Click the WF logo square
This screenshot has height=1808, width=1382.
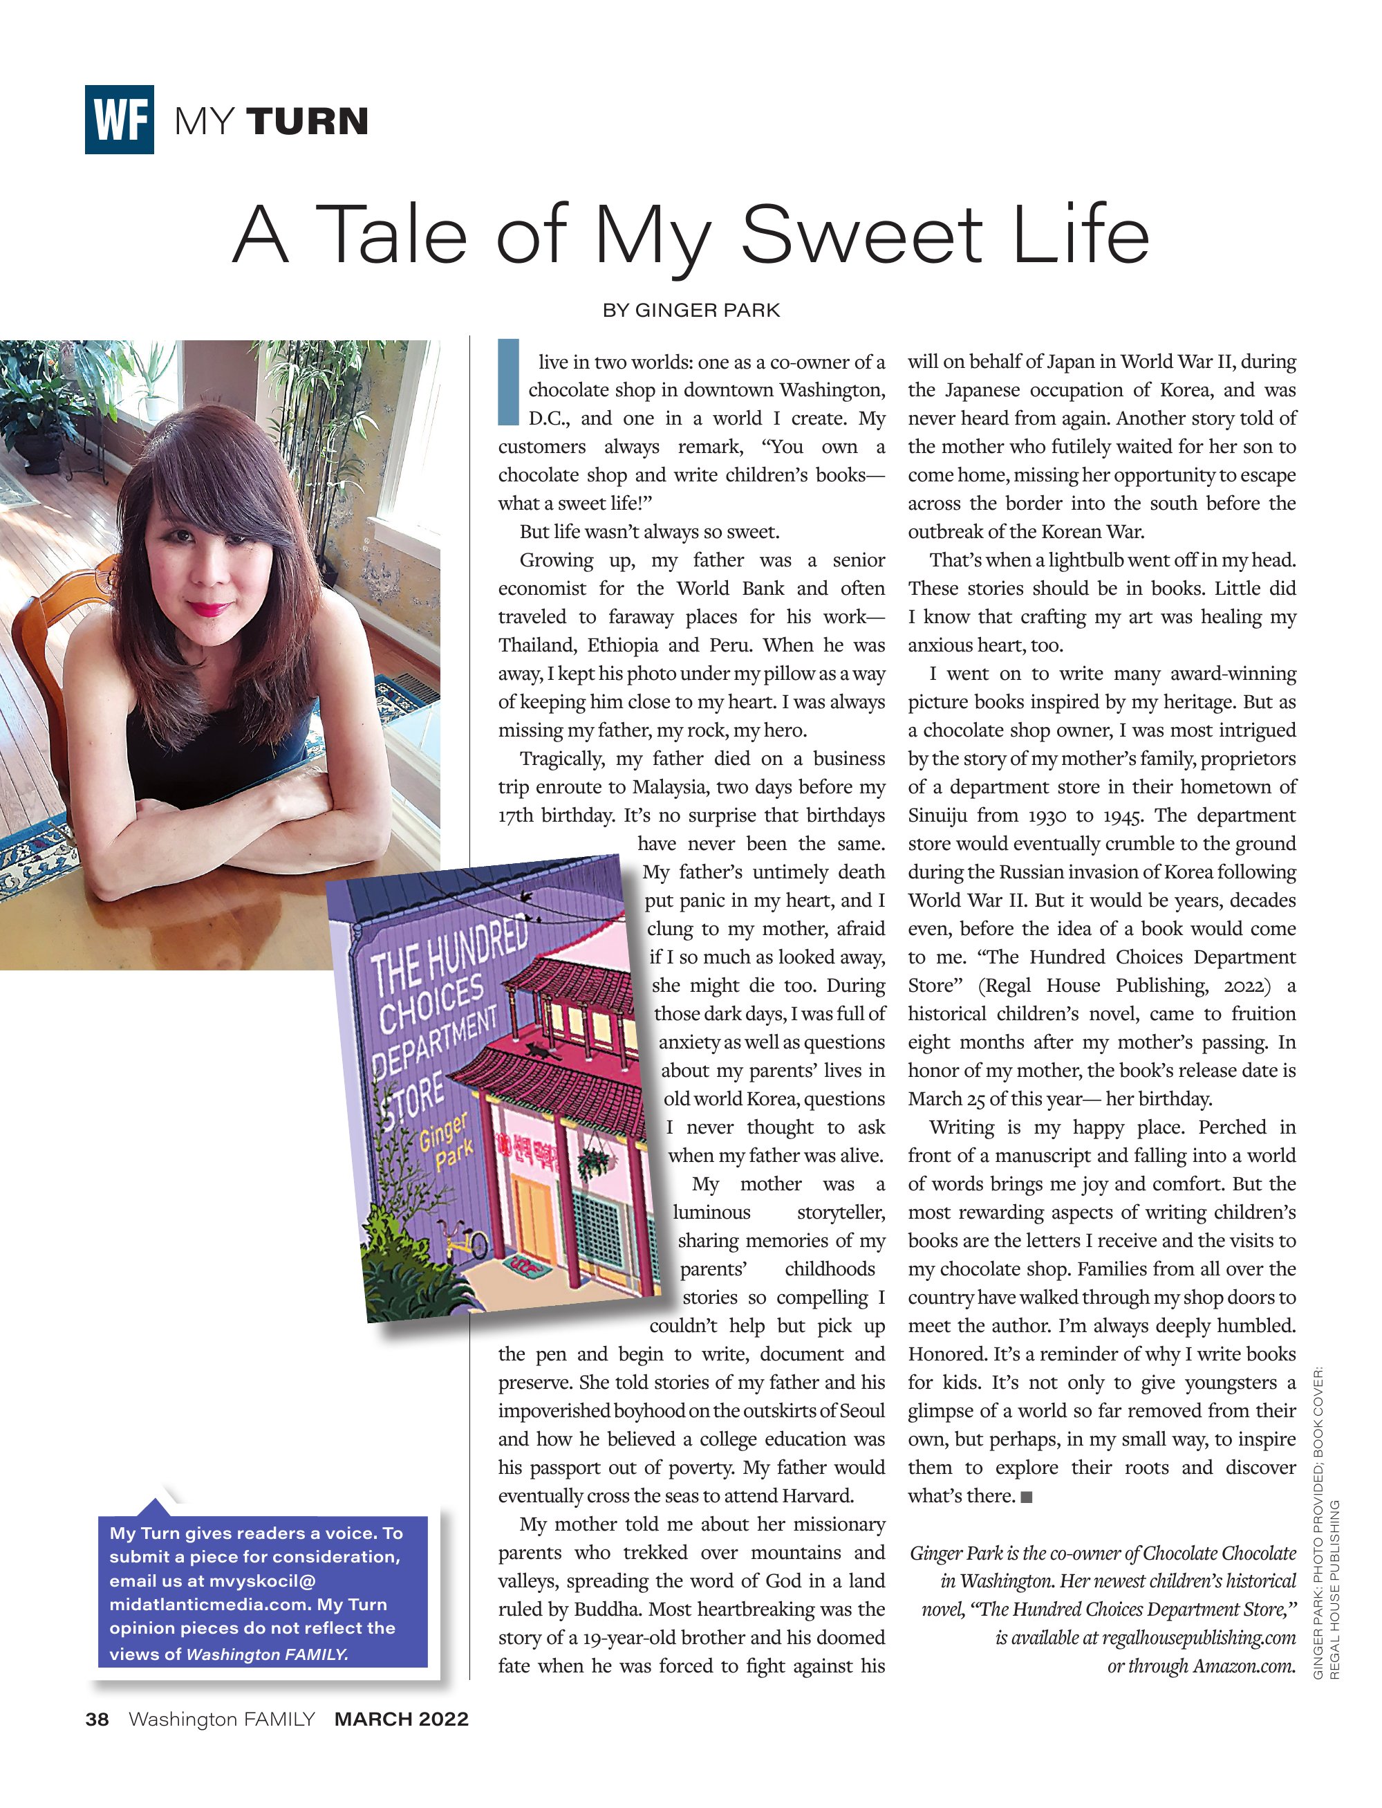(120, 120)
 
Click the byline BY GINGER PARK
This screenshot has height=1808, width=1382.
(691, 311)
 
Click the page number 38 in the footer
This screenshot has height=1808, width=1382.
(97, 1719)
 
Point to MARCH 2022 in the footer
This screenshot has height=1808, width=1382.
(402, 1719)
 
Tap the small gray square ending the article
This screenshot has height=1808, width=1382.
(1026, 1497)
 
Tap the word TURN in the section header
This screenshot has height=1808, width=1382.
(308, 121)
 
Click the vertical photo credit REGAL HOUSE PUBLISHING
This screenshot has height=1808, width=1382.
(1334, 1588)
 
